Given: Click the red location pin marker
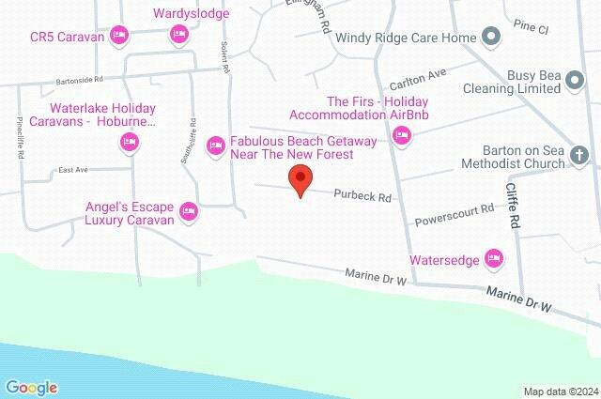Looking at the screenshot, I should (300, 179).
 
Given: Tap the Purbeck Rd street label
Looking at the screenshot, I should (362, 196).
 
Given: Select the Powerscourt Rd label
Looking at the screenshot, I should (454, 215).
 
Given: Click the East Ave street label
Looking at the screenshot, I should (71, 170).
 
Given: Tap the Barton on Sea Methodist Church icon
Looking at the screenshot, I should (579, 155).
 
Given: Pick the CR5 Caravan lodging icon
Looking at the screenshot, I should (118, 36).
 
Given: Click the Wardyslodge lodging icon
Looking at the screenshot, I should (178, 35).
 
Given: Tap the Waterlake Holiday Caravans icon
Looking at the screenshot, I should (130, 143).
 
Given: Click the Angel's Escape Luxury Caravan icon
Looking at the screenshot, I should (188, 211).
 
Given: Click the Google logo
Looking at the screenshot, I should (31, 387).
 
